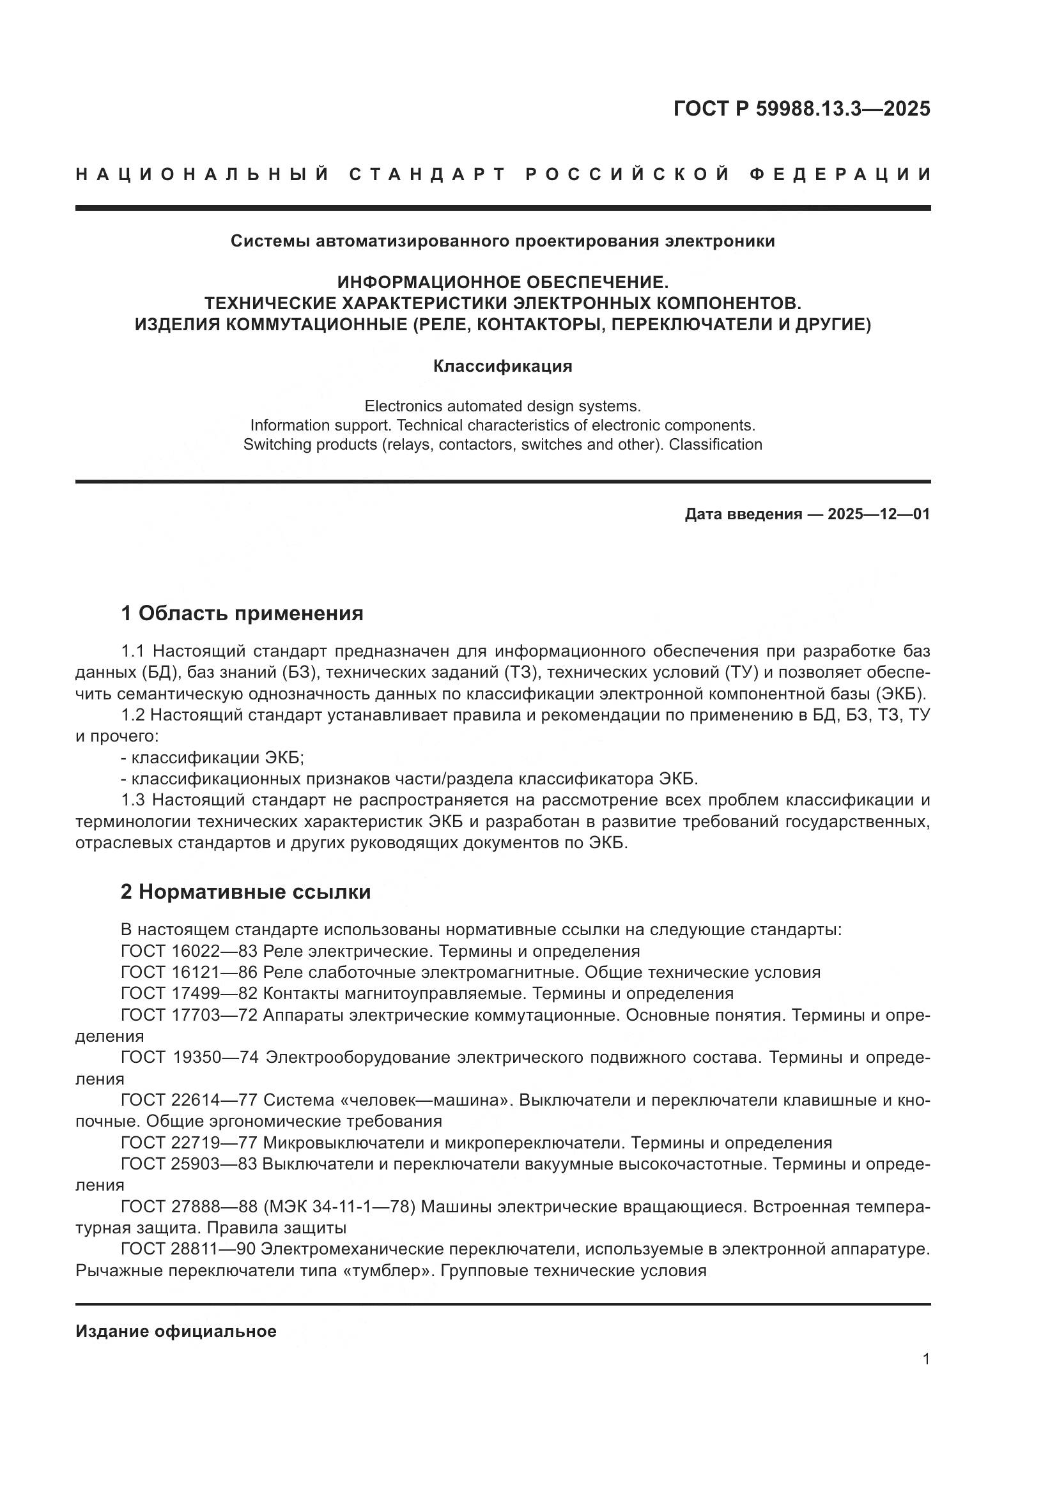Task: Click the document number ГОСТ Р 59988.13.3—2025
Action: pos(801,109)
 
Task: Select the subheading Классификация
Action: pos(502,366)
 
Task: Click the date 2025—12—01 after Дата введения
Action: pos(879,514)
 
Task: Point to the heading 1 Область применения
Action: pos(242,613)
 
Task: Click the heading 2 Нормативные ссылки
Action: pos(245,892)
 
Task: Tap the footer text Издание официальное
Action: pos(176,1330)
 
